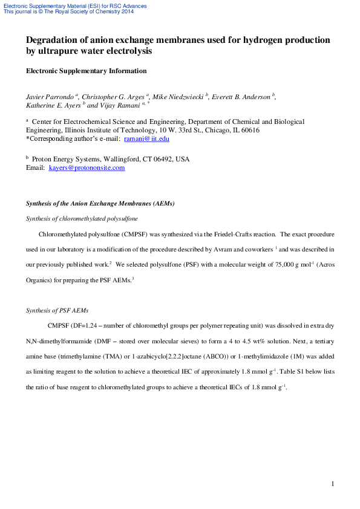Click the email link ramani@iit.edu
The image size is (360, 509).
click(x=146, y=138)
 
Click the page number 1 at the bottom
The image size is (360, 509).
click(x=333, y=484)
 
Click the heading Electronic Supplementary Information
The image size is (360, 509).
click(x=86, y=71)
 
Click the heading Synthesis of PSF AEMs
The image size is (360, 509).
click(x=57, y=310)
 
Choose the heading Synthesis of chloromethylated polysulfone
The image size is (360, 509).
click(x=82, y=218)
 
